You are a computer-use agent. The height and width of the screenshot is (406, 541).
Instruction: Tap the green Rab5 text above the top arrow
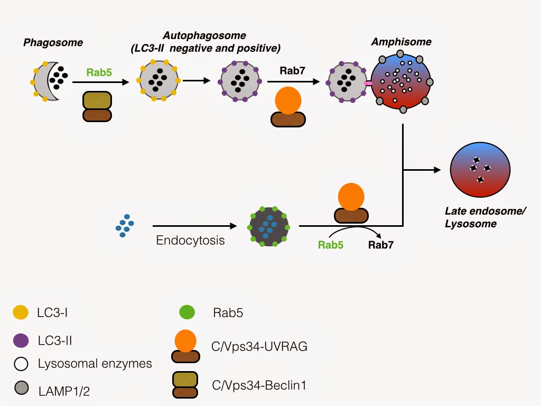[x=99, y=72]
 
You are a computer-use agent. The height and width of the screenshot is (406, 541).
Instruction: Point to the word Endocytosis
[x=190, y=241]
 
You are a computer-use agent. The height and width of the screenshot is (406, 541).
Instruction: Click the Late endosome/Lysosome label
[x=470, y=217]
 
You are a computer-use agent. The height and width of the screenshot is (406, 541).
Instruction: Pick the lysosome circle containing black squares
[x=480, y=172]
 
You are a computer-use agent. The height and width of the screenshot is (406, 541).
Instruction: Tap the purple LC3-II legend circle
[x=21, y=341]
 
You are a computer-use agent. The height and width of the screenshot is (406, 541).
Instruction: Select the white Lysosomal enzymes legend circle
[x=21, y=364]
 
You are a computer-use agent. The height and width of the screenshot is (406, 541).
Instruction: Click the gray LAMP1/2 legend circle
[x=21, y=389]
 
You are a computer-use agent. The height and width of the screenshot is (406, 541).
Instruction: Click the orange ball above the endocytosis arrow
[x=351, y=196]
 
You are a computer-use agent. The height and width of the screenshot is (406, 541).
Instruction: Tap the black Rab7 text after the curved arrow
[x=380, y=245]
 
